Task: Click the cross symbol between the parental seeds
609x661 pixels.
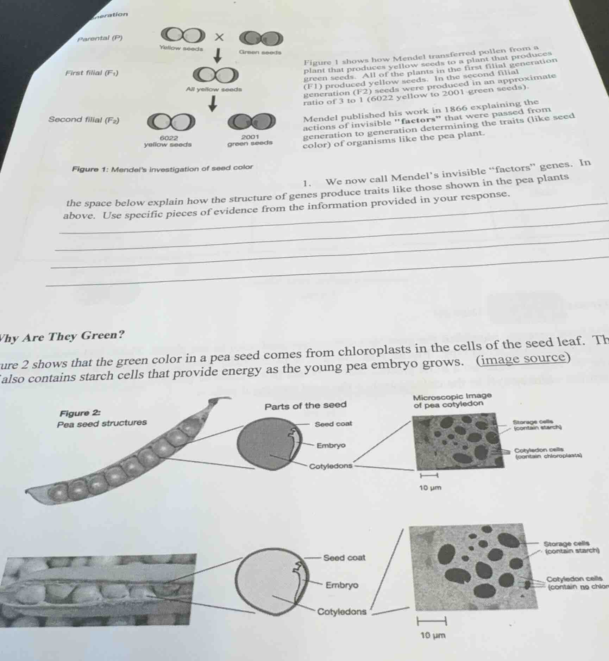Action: pyautogui.click(x=219, y=37)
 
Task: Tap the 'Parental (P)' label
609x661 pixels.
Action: pyautogui.click(x=100, y=38)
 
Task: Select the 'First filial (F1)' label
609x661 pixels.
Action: pyautogui.click(x=92, y=73)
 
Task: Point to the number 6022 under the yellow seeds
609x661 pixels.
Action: pyautogui.click(x=169, y=138)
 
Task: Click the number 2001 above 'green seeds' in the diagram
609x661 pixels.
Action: pyautogui.click(x=250, y=137)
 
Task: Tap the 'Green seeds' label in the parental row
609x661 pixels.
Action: pyautogui.click(x=260, y=52)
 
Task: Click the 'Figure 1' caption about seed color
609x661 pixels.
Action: pyautogui.click(x=162, y=168)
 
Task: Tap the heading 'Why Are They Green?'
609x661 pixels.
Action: pyautogui.click(x=62, y=336)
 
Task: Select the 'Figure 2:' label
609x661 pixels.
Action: pyautogui.click(x=80, y=413)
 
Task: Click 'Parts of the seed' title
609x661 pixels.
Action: pyautogui.click(x=306, y=406)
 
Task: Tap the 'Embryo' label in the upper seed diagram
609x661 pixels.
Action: pyautogui.click(x=331, y=445)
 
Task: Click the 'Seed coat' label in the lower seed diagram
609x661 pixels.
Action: pyautogui.click(x=344, y=558)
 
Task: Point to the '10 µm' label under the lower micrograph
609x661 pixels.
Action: pyautogui.click(x=433, y=635)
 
